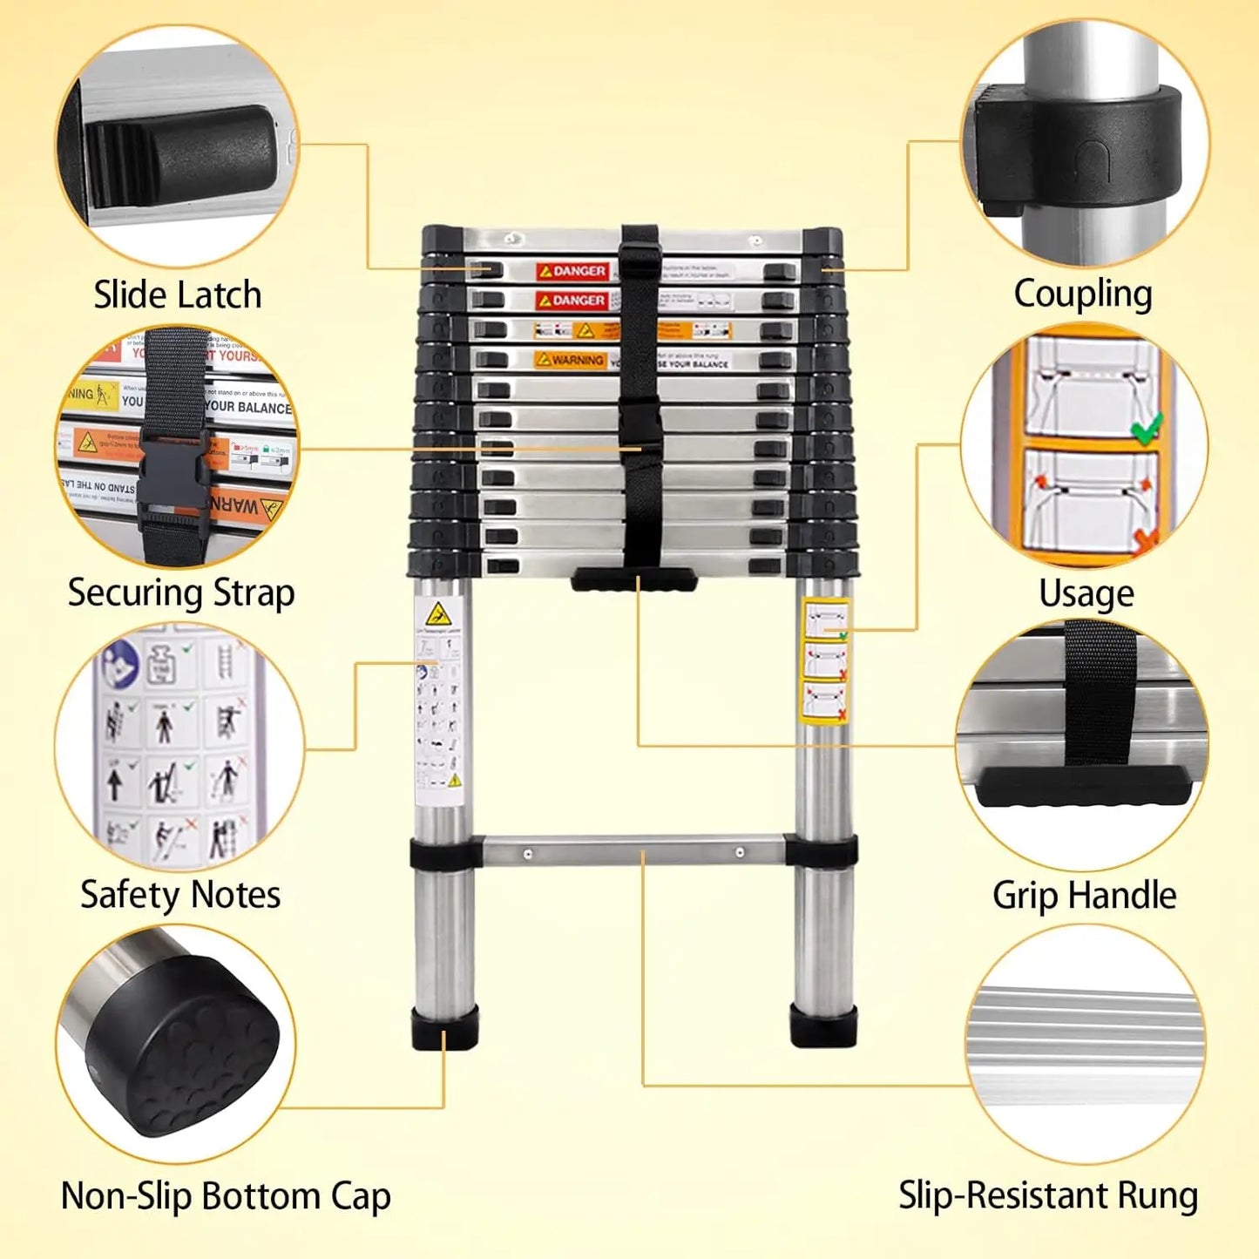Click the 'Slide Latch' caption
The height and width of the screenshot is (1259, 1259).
pos(178,294)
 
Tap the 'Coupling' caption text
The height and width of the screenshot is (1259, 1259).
pos(1083,294)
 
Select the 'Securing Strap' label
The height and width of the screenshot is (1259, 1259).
pos(181,593)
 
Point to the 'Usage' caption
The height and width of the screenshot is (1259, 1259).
pos(1086,594)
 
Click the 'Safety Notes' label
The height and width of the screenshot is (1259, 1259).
pos(180,895)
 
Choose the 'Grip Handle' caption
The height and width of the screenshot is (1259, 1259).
pos(1084,896)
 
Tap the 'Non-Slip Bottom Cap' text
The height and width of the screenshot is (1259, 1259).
pos(226,1196)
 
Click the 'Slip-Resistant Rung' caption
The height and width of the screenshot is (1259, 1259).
pos(1048,1195)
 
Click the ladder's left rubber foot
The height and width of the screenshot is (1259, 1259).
pos(444,1027)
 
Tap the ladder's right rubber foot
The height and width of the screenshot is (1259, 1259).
pos(823,1025)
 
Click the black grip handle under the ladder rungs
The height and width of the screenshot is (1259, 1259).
pos(634,579)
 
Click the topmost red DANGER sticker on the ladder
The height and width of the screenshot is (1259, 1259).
pos(572,271)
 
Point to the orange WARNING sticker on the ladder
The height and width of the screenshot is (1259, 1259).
pos(571,359)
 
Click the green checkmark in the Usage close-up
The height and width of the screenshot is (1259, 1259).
pos(1146,427)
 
